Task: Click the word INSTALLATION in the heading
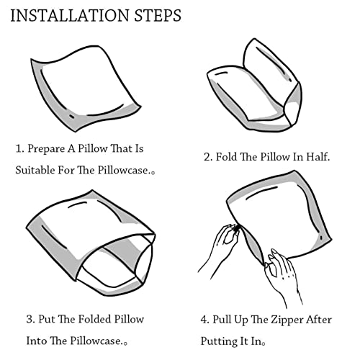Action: (70, 16)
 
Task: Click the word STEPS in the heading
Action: (158, 16)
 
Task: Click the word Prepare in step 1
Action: (46, 149)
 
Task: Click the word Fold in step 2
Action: (226, 157)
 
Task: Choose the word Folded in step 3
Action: (94, 319)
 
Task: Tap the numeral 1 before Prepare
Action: (19, 149)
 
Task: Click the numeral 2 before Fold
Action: (207, 157)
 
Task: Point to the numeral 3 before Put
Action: (30, 320)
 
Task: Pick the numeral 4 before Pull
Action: (204, 320)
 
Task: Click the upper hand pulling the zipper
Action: (222, 247)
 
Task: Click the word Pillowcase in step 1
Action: (124, 170)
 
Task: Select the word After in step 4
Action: (319, 320)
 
